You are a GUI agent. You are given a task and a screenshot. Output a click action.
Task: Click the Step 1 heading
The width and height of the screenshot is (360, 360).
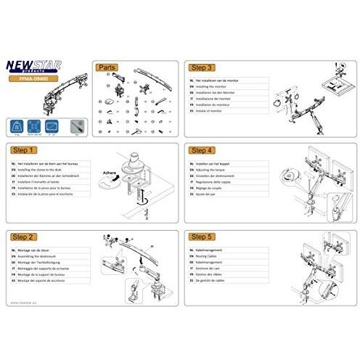coord(25,151)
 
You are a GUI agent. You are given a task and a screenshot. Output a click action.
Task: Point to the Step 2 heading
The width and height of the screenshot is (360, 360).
coord(25,237)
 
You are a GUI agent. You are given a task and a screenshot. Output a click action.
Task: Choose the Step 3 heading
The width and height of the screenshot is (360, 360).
coord(202,66)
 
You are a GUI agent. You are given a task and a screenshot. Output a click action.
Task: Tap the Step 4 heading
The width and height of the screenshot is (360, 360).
coord(202,151)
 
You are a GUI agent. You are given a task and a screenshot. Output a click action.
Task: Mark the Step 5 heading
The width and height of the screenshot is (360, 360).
coord(202,237)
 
